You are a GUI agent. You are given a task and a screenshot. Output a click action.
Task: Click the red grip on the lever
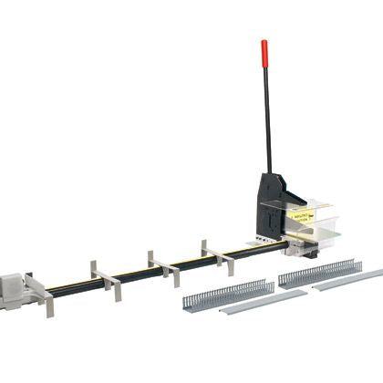[264, 51]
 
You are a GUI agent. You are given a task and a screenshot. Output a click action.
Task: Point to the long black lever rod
[268, 119]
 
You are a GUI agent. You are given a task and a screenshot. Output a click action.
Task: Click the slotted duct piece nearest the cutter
[318, 273]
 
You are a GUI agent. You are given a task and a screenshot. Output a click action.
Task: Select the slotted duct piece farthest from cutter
[227, 294]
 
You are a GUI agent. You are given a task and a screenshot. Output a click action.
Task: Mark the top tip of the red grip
[264, 41]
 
